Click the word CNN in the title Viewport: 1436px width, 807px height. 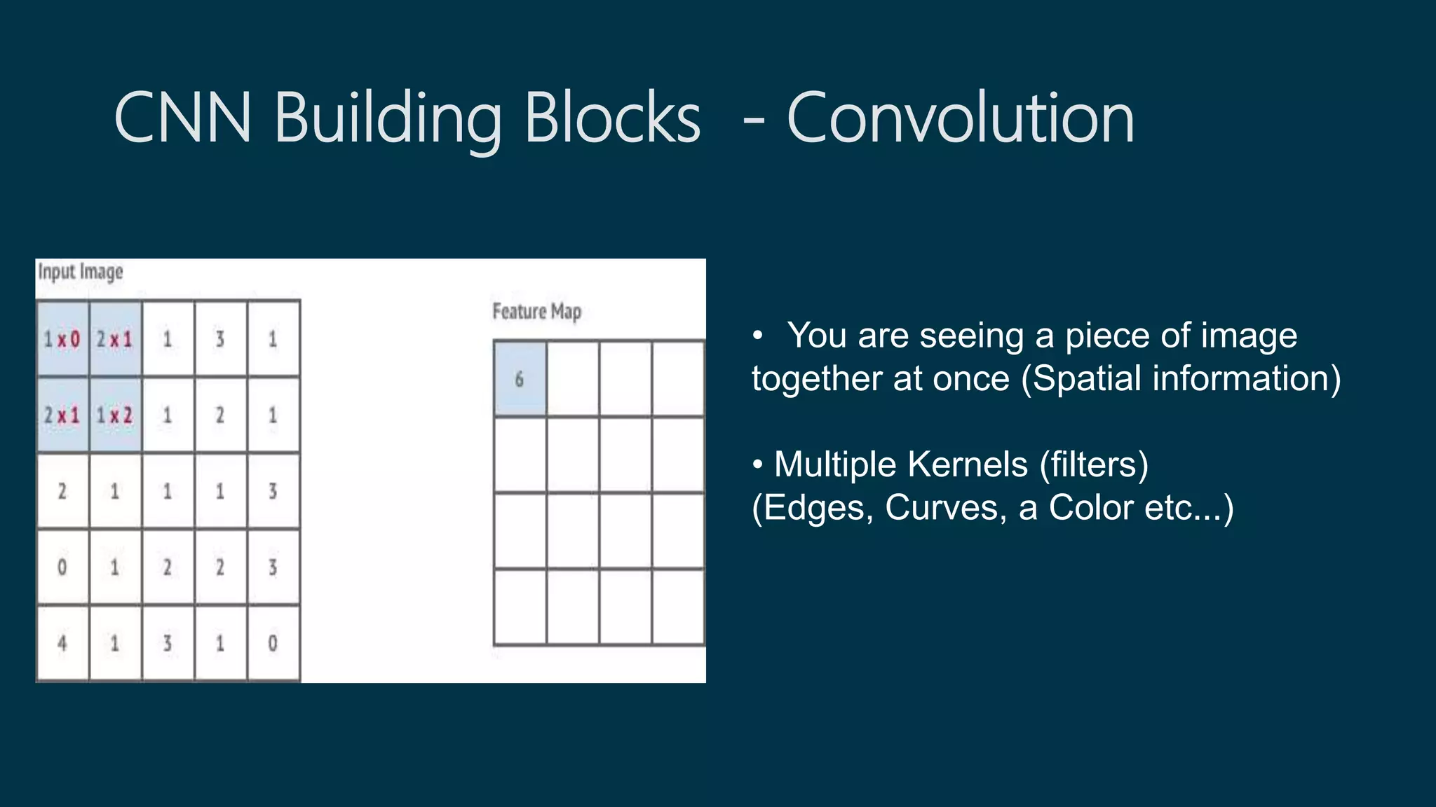point(182,118)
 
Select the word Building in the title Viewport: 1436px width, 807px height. point(388,118)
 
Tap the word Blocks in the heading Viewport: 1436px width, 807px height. point(612,118)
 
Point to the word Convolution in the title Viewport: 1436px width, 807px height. point(960,118)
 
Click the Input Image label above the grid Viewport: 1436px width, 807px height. point(81,272)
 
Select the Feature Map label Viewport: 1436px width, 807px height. point(537,311)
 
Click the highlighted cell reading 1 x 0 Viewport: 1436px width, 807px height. point(62,340)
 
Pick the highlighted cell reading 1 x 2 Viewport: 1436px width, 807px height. point(115,415)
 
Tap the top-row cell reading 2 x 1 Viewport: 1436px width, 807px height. point(115,340)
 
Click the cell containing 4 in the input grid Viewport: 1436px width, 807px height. point(62,642)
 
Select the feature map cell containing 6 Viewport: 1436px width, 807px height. point(520,379)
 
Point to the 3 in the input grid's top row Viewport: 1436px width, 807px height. point(220,340)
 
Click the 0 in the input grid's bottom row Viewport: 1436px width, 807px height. point(273,642)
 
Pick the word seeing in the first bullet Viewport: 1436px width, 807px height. point(972,336)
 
